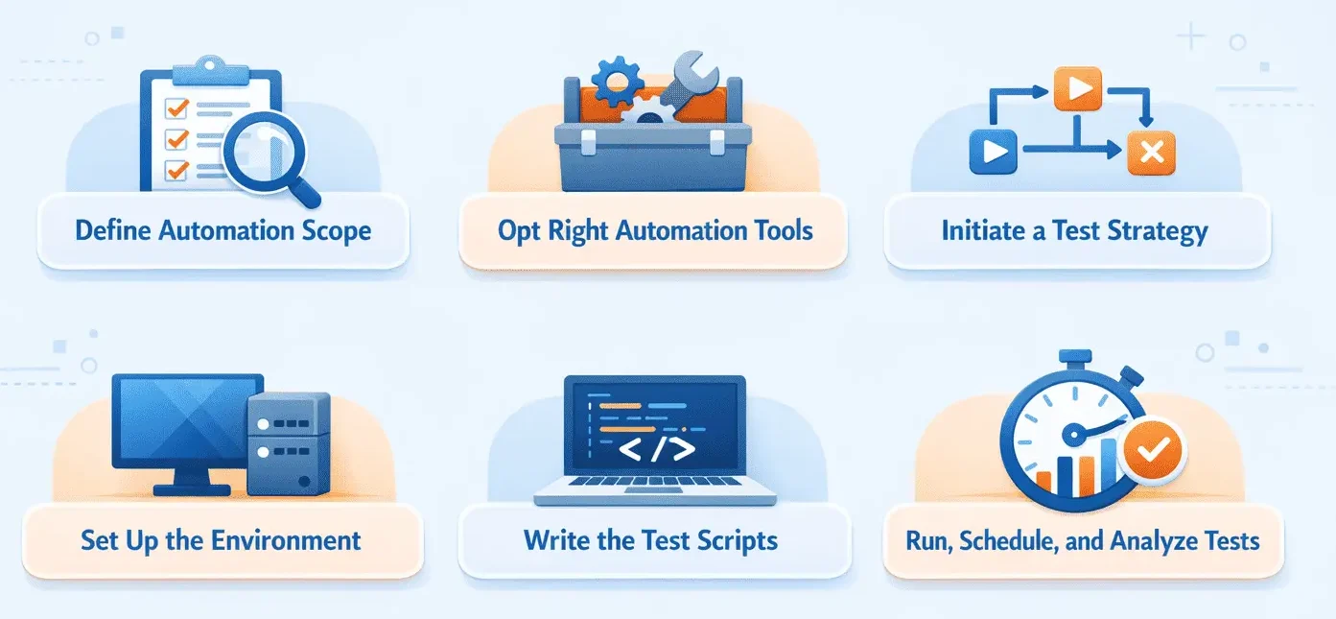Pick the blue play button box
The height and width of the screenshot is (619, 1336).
point(993,152)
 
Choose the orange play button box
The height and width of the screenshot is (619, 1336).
point(1077,89)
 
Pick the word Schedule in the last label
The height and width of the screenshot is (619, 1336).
point(1012,540)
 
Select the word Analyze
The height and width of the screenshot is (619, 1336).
point(1150,540)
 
